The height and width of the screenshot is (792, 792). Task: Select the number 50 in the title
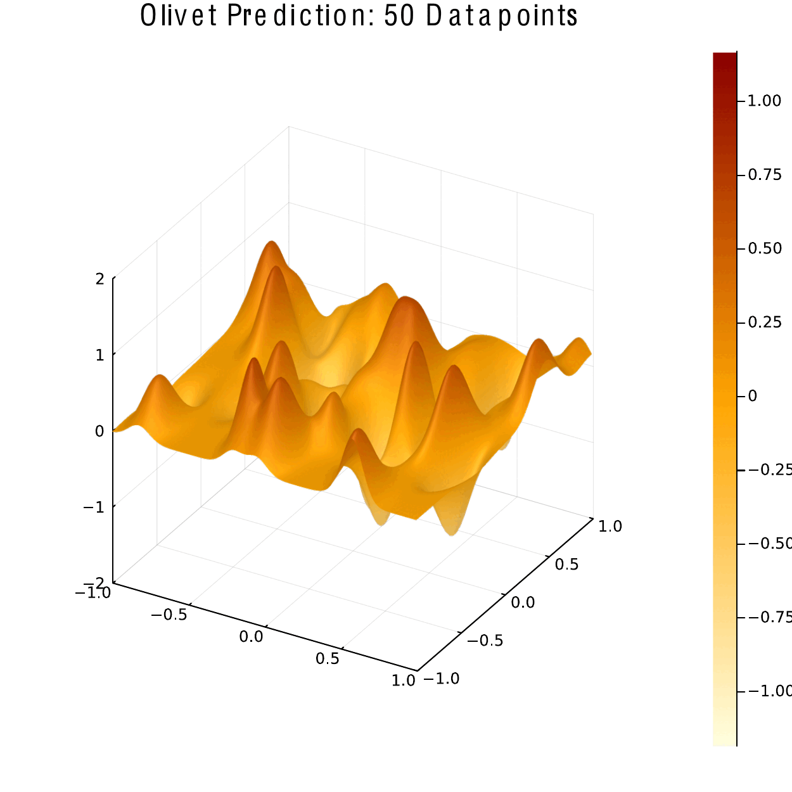coord(399,16)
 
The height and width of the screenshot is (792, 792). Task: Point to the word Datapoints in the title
coord(501,16)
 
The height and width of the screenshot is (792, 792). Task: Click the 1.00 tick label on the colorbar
coord(764,101)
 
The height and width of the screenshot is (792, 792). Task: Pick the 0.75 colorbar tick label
coord(764,175)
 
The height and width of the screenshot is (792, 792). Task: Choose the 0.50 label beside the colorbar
coord(764,248)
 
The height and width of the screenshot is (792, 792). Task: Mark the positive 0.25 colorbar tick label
coord(764,323)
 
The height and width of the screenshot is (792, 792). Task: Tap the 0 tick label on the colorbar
coord(753,396)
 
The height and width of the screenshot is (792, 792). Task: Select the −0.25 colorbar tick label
coord(770,469)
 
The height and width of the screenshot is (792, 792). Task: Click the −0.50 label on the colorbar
coord(770,544)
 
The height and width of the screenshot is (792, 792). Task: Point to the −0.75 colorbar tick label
coord(770,617)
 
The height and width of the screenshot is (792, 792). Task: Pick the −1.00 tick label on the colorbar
coord(770,691)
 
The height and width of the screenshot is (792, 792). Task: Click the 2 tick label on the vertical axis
coord(99,279)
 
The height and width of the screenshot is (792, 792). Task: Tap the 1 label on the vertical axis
coord(99,355)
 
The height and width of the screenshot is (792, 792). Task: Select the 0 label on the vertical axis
coord(99,431)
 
